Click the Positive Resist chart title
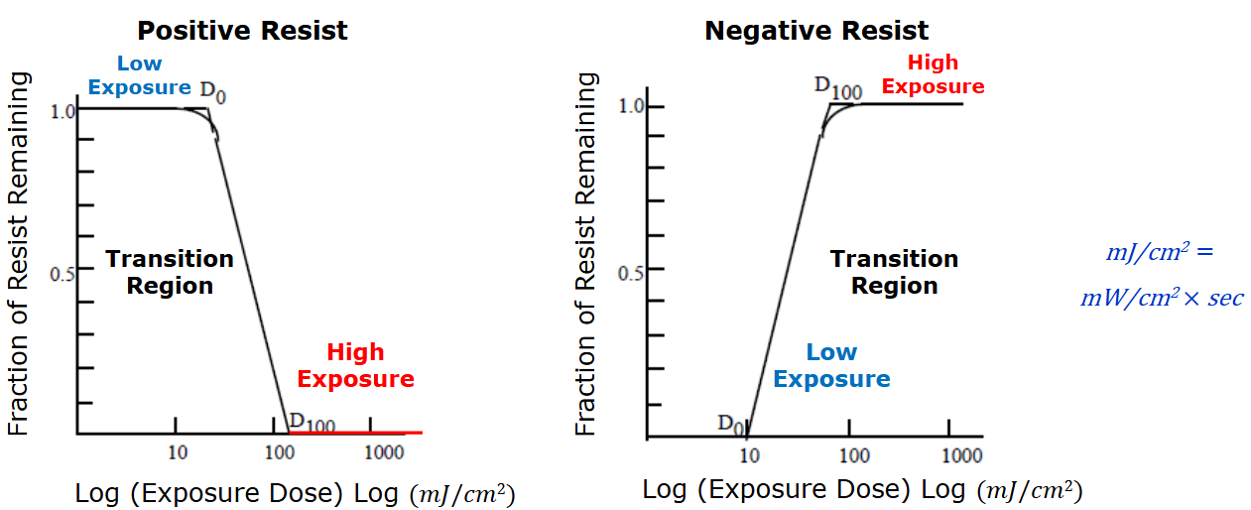click(242, 31)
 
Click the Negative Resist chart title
click(815, 31)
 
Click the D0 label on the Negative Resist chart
click(731, 424)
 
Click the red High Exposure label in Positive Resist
click(355, 365)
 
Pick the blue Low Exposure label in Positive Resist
click(139, 75)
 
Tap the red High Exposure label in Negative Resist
click(933, 74)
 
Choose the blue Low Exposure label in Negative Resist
click(831, 365)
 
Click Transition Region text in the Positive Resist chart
click(170, 272)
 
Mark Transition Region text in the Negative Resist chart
click(894, 272)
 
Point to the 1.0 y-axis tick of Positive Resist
click(63, 111)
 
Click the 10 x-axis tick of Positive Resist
click(177, 452)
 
